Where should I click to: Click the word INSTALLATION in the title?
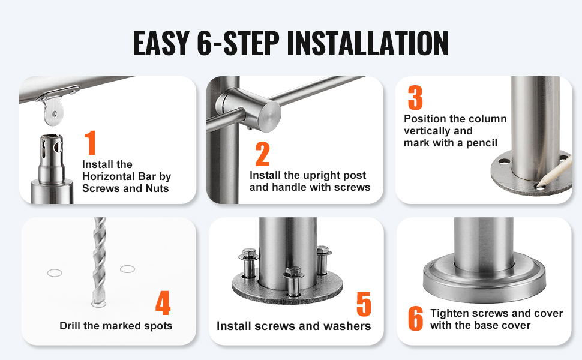[x=367, y=43]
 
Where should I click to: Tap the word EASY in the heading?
[x=161, y=43]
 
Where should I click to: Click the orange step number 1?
[x=90, y=143]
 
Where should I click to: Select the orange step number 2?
[x=262, y=154]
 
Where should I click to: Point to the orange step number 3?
[x=415, y=98]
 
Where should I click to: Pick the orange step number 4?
[x=163, y=302]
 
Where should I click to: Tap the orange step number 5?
[x=364, y=304]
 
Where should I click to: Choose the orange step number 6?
[x=416, y=318]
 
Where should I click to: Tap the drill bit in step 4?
[x=99, y=262]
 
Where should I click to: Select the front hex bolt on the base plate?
[x=293, y=282]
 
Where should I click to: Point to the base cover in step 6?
[x=484, y=279]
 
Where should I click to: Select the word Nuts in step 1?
[x=157, y=188]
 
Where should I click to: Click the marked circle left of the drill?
[x=55, y=273]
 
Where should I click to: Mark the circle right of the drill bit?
[x=127, y=269]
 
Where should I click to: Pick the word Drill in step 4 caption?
[x=70, y=325]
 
